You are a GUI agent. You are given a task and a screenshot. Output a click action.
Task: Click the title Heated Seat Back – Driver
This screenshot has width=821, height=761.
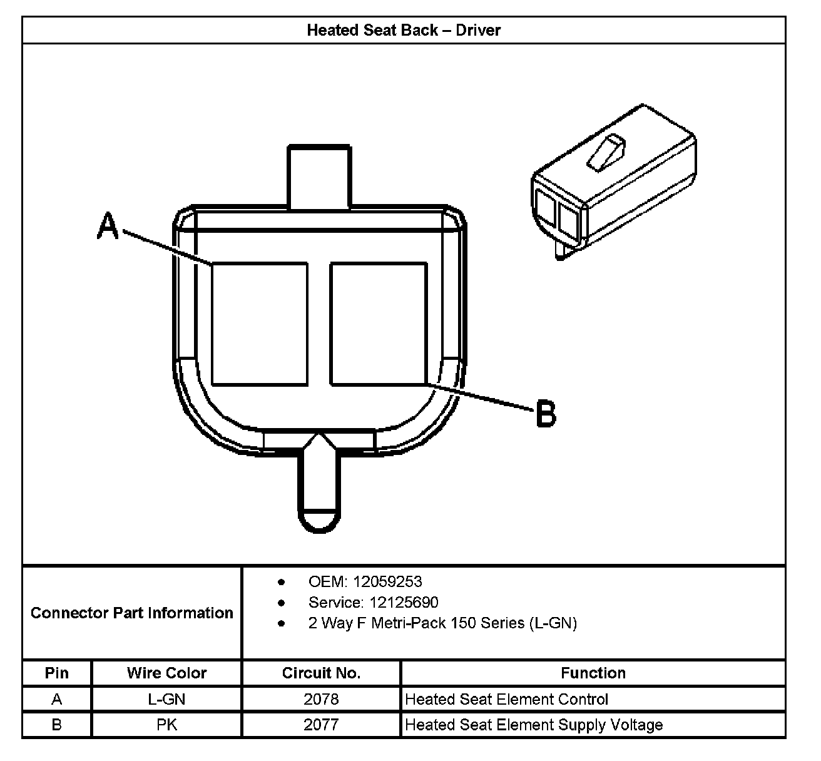[404, 30]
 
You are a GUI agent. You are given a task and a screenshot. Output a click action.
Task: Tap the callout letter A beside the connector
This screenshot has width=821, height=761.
[108, 226]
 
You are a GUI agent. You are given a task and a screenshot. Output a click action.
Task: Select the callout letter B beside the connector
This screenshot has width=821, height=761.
[546, 414]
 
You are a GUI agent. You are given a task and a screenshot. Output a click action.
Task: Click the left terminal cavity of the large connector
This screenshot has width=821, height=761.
[260, 324]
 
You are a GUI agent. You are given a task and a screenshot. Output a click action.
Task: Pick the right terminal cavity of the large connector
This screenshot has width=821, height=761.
[379, 324]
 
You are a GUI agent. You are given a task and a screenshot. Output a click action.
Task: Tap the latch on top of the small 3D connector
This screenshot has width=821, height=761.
[606, 153]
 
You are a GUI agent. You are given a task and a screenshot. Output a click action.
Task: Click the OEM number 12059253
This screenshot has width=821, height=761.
[387, 582]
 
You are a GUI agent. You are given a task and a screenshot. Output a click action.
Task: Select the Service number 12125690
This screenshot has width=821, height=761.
[404, 603]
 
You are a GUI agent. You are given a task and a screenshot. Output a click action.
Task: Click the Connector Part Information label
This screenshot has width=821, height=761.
[132, 613]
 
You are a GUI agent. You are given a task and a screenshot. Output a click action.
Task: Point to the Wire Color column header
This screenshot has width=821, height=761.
[166, 673]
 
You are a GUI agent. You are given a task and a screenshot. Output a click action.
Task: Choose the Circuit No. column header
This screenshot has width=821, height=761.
[321, 673]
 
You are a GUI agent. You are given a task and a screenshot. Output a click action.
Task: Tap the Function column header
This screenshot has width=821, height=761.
[593, 673]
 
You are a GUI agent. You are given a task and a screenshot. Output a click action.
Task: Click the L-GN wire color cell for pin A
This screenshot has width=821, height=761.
[166, 699]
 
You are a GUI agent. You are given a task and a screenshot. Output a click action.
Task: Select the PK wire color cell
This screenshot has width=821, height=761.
[166, 725]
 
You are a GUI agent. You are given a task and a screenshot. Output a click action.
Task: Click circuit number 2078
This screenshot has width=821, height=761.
[321, 699]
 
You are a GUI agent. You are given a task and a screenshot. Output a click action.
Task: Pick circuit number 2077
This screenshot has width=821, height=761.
[321, 725]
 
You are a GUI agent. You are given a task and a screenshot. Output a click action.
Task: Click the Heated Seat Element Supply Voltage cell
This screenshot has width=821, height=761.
[534, 725]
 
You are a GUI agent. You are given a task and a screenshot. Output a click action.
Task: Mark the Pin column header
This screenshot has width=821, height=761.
[57, 673]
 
